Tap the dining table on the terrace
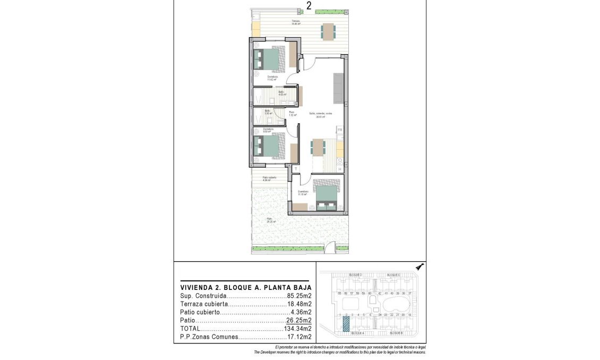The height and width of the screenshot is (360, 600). [x=328, y=31]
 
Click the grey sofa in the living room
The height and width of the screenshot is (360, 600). [x=338, y=89]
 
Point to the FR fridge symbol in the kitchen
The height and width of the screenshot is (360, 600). [x=340, y=130]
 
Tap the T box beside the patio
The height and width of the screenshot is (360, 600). [x=295, y=168]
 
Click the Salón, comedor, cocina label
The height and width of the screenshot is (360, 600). [x=321, y=114]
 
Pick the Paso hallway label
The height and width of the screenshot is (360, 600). [x=292, y=113]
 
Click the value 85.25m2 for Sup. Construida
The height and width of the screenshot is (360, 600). [x=299, y=296]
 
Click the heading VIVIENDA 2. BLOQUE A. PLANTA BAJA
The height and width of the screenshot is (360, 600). [x=245, y=287]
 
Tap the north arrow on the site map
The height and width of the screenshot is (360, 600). [x=419, y=267]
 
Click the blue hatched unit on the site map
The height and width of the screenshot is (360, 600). [x=346, y=323]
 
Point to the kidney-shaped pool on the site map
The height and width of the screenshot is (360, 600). [x=396, y=305]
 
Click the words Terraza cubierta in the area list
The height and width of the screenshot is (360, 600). [x=204, y=304]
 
